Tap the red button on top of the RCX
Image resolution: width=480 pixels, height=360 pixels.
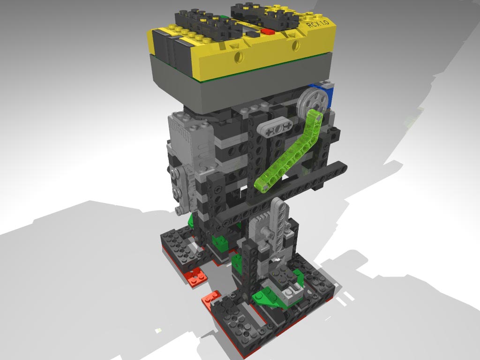(268, 31)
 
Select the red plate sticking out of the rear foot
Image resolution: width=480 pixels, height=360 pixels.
(196, 277)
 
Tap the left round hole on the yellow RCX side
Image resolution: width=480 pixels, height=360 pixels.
(240, 57)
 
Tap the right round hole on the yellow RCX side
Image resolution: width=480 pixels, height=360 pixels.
(296, 46)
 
